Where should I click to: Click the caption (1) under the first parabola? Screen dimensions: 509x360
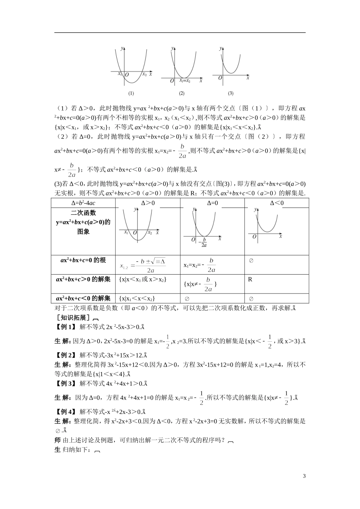click(131, 93)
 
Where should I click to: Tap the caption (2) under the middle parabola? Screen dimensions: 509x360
click(182, 93)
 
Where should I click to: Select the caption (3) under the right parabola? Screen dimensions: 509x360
click(230, 93)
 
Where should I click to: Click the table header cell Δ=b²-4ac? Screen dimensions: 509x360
click(83, 203)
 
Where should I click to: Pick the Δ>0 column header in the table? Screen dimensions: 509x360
click(148, 203)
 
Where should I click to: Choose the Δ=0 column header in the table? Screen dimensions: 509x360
click(212, 203)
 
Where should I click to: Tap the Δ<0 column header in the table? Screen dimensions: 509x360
click(277, 203)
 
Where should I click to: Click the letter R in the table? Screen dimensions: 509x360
click(250, 279)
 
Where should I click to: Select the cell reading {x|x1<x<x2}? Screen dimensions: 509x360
click(137, 298)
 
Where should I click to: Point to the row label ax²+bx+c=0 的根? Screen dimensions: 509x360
click(83, 260)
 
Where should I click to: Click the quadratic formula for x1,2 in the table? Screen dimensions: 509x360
click(143, 265)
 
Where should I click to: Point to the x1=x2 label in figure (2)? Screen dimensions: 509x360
click(185, 81)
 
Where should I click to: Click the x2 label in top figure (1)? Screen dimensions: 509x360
click(144, 74)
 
